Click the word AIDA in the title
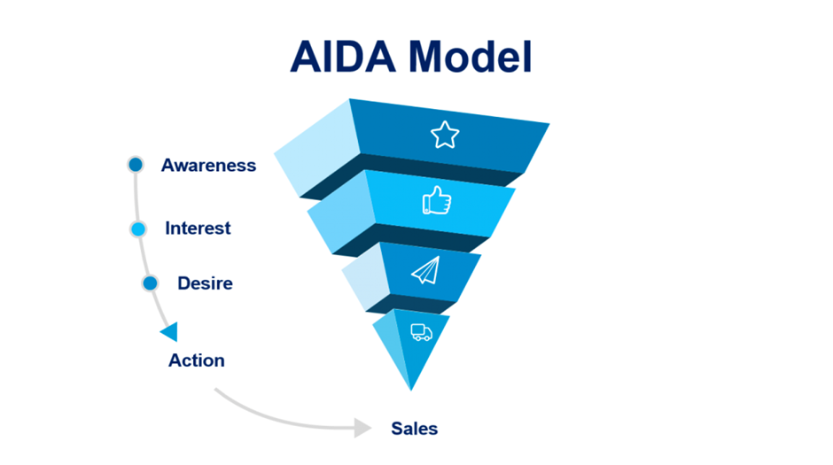click(x=343, y=57)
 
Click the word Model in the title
click(x=471, y=57)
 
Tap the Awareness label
click(x=208, y=165)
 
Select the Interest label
click(x=198, y=228)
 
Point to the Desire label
click(x=205, y=283)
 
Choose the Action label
click(x=197, y=360)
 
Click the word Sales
click(x=415, y=429)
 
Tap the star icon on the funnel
click(x=445, y=135)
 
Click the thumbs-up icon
click(x=437, y=201)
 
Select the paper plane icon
click(x=426, y=270)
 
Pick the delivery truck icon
click(x=421, y=332)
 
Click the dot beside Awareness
click(x=136, y=165)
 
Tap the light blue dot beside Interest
click(x=138, y=229)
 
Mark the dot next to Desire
click(x=150, y=283)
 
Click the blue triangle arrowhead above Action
click(x=169, y=332)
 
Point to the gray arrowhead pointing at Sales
click(x=362, y=427)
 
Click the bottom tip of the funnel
click(x=410, y=391)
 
